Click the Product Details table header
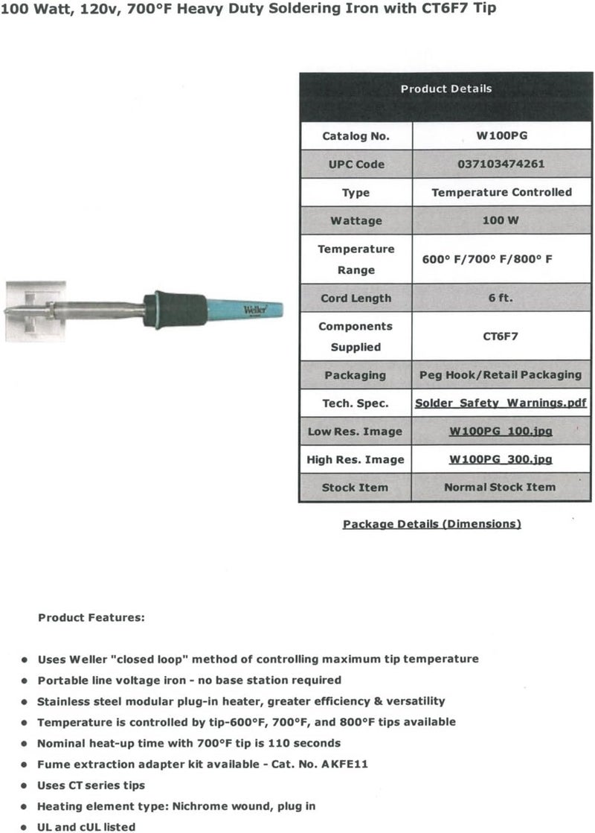click(446, 89)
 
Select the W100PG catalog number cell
click(502, 136)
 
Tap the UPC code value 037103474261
click(502, 164)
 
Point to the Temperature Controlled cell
click(502, 192)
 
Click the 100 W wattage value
click(502, 220)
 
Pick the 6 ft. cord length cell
click(502, 298)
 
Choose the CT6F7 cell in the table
click(502, 336)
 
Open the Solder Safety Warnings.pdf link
click(501, 403)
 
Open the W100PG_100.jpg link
click(501, 431)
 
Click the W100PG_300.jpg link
click(501, 459)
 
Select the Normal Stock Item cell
click(500, 487)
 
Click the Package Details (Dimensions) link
click(431, 524)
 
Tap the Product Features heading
click(91, 617)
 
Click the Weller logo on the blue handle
click(254, 310)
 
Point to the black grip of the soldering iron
click(177, 308)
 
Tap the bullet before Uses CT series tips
click(25, 785)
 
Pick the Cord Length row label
click(356, 298)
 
